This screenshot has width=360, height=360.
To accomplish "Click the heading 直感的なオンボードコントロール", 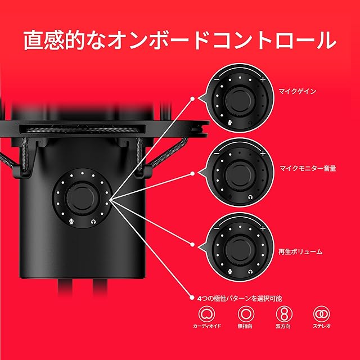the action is click(x=180, y=40).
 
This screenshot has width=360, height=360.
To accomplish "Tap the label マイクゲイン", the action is click(x=298, y=91).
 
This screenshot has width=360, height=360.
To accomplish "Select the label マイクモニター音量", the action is click(x=308, y=168).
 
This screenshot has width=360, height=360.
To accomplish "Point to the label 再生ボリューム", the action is click(x=300, y=251).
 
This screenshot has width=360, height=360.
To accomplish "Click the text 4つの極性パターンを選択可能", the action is click(x=240, y=299).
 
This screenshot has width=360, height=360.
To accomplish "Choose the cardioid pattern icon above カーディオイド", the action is click(x=206, y=314).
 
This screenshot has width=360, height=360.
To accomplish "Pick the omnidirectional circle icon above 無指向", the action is click(x=245, y=314).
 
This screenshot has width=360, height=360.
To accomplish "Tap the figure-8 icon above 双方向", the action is click(x=283, y=314).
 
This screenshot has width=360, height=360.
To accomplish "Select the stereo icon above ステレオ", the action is click(x=321, y=314).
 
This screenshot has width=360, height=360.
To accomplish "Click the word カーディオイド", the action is click(x=206, y=326).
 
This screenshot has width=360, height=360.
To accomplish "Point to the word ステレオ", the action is click(x=321, y=326).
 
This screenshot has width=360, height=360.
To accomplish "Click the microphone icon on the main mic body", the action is click(x=71, y=221).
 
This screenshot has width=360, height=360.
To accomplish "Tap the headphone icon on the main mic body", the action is click(x=93, y=222).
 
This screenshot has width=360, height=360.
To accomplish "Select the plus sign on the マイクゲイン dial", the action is click(x=263, y=79).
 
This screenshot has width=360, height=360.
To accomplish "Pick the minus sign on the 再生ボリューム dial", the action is click(x=217, y=228).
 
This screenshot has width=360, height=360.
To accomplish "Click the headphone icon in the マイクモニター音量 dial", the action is click(x=250, y=197).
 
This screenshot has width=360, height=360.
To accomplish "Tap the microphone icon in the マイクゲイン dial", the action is click(x=229, y=123).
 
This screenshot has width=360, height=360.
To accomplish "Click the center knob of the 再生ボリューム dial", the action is click(x=240, y=249).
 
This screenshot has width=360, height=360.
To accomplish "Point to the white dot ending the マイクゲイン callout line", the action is click(x=192, y=99).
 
